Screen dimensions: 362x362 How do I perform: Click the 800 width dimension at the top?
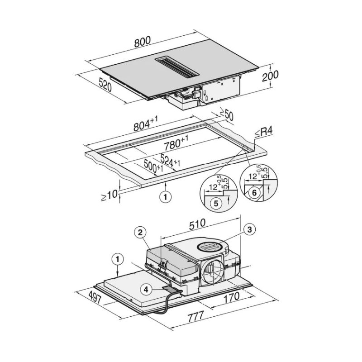click(x=143, y=42)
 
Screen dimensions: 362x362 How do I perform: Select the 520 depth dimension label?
click(x=105, y=85)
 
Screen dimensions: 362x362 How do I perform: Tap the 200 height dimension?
click(x=270, y=76)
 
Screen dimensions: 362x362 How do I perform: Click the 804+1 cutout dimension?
click(x=146, y=124)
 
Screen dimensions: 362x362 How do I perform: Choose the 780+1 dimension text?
click(x=176, y=143)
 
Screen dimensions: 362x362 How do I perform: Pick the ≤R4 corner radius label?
click(x=263, y=133)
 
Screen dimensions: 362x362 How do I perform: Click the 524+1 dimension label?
click(x=170, y=160)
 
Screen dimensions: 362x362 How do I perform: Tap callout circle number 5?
click(x=216, y=203)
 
